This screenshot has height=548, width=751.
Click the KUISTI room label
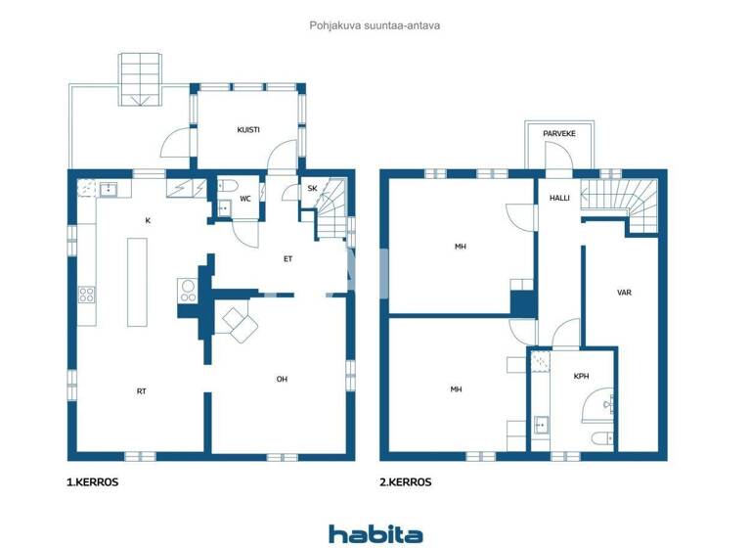point(247,130)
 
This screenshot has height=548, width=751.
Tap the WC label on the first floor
point(245,199)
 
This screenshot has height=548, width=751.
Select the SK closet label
point(312,189)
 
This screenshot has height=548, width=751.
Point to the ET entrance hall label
point(288,259)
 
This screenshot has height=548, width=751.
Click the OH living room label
point(282,379)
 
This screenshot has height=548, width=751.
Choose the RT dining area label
point(142,390)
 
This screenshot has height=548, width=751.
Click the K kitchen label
point(148,220)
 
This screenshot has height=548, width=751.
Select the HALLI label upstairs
point(559,197)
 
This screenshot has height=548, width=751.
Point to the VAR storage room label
point(623,293)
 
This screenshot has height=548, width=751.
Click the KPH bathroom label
point(582,375)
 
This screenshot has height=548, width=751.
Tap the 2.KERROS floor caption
point(406,482)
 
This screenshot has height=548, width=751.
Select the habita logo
point(375,533)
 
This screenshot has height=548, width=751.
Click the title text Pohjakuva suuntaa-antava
point(375,25)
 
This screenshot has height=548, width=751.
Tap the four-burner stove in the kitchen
point(86,294)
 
